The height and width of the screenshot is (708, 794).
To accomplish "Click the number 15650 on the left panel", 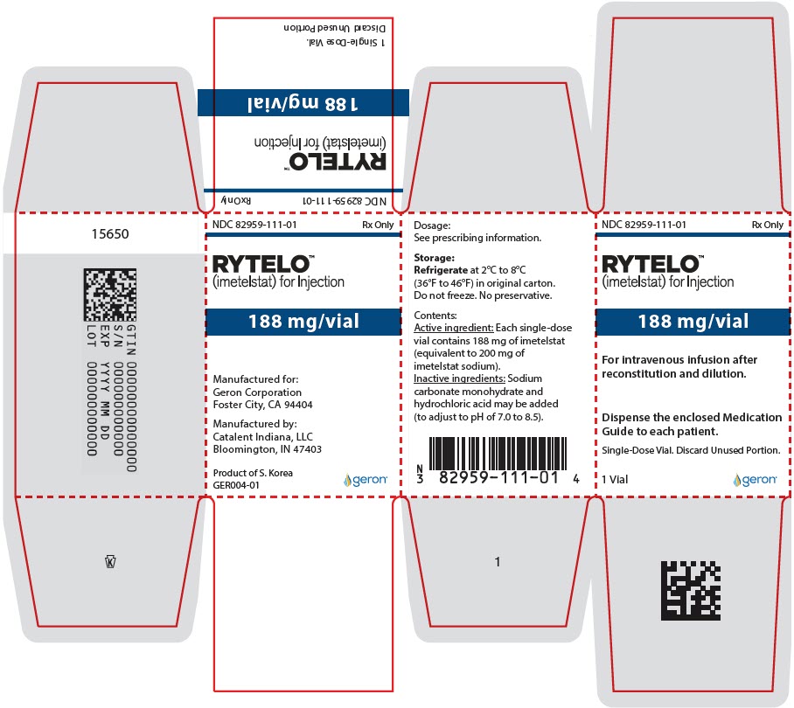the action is pos(110,233).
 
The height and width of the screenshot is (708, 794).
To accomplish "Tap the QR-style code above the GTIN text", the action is pos(110,295).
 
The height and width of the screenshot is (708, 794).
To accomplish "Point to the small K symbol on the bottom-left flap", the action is pos(110,562).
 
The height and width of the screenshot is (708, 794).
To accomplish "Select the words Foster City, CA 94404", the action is pos(263,405).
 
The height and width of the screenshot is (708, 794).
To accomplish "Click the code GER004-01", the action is pos(236,485).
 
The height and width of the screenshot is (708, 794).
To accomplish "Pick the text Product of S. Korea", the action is pos(253,473).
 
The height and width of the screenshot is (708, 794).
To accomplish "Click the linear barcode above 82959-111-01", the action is pos(498,453).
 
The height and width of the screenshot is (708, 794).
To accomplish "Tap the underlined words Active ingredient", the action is pos(454,328).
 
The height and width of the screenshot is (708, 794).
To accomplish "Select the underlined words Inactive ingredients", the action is pos(460,378).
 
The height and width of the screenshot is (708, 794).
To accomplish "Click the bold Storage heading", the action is pos(434,258).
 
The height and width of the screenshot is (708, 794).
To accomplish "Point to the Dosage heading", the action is pos(432,226).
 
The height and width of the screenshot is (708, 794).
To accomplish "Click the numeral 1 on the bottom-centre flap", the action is pos(498,562).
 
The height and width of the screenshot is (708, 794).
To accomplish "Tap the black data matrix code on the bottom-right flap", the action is pos(691,591).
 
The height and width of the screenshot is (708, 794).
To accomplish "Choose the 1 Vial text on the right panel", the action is pos(615,479).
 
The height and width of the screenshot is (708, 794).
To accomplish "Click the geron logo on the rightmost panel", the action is pos(755,479).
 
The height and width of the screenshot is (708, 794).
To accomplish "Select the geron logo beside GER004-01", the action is pos(366,479).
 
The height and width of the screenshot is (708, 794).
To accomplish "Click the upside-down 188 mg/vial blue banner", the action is pos(303,103).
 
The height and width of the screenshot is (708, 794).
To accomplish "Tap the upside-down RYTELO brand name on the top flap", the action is pos(338,162).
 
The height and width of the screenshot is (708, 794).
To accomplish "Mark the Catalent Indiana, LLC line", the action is pos(263,437).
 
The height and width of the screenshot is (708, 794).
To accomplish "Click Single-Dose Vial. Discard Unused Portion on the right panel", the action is pos(691,450).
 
